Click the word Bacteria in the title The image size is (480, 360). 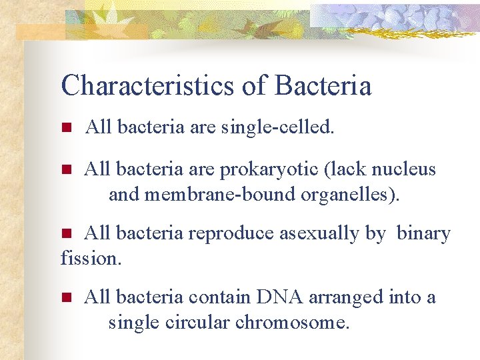point(323,85)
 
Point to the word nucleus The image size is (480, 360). point(404,169)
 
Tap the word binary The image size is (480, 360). point(424,234)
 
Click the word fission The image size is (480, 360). point(91,258)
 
